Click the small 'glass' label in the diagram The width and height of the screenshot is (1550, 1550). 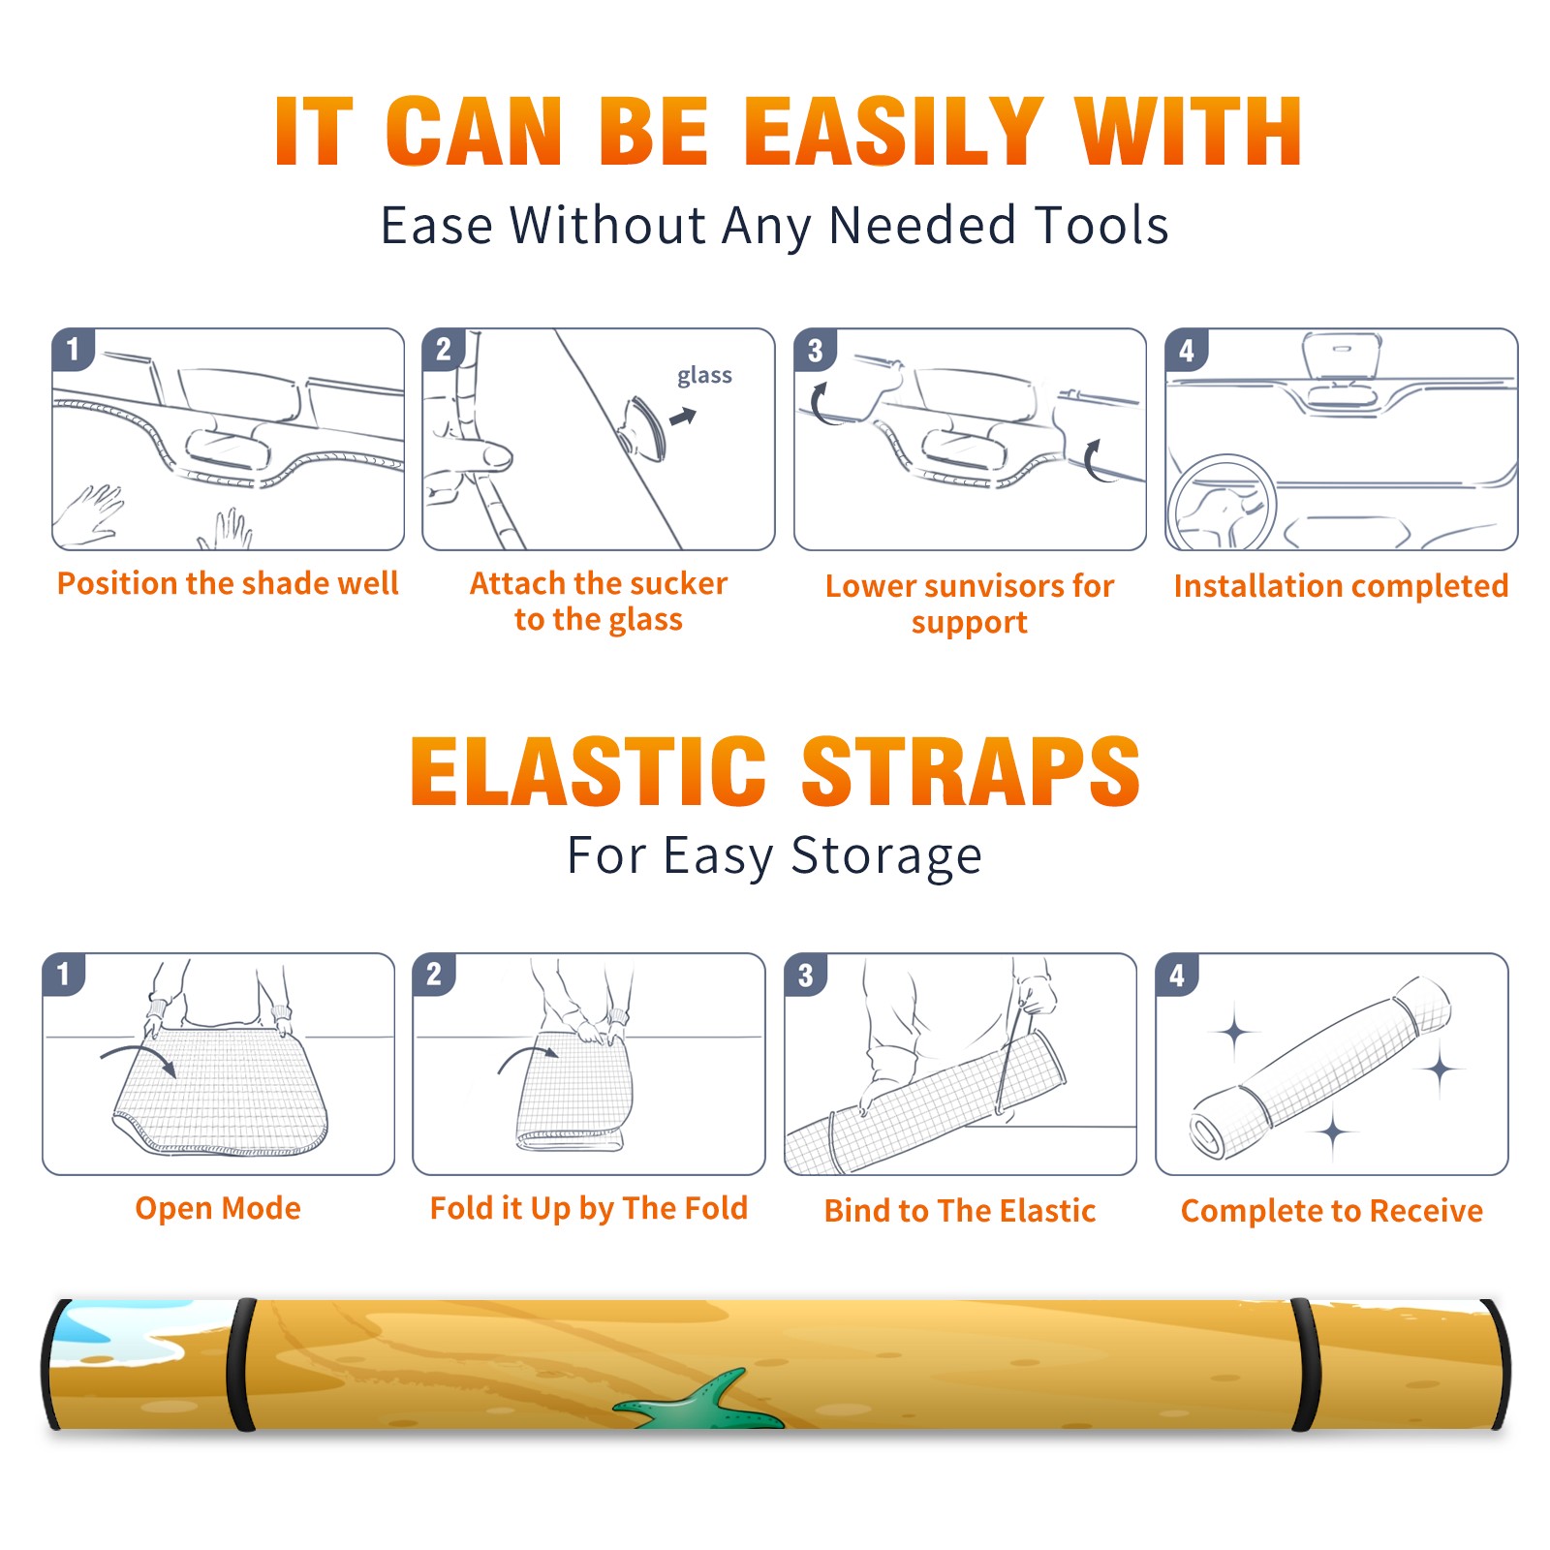704,376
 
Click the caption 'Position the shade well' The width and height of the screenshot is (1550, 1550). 228,583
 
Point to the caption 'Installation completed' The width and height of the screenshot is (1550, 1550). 1341,585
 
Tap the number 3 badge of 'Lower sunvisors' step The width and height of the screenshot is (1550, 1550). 815,350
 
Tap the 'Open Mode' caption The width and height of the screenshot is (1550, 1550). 218,1208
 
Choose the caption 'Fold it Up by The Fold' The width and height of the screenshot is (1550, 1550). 589,1208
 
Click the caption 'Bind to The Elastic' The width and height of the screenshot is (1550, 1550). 960,1210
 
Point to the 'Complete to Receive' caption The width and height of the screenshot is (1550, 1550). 1332,1210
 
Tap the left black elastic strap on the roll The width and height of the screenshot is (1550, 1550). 242,1365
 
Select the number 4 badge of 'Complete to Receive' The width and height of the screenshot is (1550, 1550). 1177,975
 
